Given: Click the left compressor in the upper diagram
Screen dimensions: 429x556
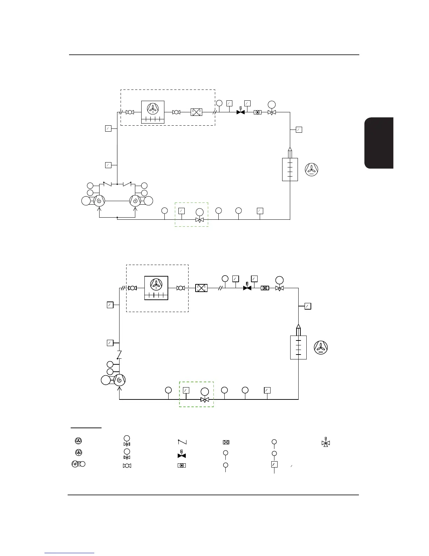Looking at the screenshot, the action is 99,201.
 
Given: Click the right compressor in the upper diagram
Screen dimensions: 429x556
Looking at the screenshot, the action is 136,201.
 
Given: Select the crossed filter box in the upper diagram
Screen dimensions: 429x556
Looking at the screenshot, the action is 196,112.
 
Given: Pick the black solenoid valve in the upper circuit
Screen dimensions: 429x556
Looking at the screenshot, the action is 240,112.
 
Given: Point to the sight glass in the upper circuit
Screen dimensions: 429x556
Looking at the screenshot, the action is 258,112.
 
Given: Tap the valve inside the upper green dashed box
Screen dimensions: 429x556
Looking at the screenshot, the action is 199,220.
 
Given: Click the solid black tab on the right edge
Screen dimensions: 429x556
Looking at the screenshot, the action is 379,143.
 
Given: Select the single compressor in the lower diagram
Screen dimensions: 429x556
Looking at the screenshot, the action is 120,380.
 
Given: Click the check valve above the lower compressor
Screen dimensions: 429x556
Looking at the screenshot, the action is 120,355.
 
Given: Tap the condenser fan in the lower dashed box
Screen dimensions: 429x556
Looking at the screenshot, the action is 156,284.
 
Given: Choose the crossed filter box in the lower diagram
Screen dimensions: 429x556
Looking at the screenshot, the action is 201,288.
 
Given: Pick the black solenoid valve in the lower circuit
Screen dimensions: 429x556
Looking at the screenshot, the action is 247,288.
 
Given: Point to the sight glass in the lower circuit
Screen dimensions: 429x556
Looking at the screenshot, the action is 265,288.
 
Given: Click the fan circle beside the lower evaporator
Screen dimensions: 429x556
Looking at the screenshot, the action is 321,347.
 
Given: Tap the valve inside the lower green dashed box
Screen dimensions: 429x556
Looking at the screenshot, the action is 204,399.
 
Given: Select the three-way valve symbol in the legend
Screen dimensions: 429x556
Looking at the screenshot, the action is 326,443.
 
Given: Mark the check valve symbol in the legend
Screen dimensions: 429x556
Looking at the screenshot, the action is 182,442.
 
